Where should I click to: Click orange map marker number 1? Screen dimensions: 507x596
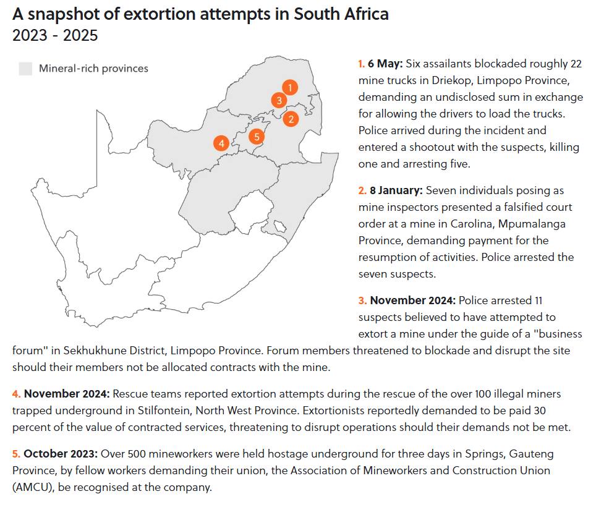(290, 87)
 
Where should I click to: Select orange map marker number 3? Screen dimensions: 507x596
(279, 100)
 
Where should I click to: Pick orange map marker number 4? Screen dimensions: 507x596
(221, 143)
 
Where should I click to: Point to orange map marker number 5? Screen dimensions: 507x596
(257, 136)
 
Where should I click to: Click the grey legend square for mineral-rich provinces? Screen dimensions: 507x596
(25, 68)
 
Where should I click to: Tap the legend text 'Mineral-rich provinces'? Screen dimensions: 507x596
(93, 68)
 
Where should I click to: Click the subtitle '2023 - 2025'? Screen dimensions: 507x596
(55, 35)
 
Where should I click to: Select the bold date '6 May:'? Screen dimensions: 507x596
(385, 64)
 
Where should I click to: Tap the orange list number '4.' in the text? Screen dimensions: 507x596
(17, 394)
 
